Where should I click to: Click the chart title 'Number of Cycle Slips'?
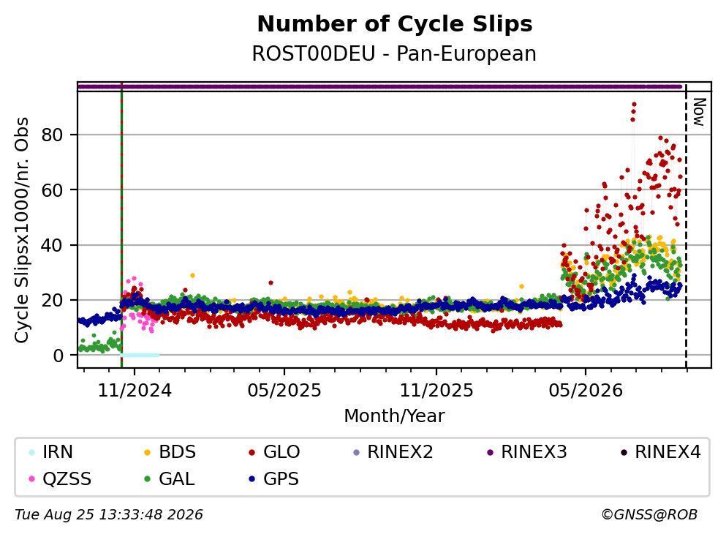(395, 24)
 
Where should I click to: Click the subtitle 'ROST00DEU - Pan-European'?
(394, 53)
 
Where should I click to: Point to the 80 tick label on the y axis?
(53, 135)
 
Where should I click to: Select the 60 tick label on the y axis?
(53, 190)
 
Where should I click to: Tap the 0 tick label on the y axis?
(58, 356)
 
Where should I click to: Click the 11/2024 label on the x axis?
(135, 391)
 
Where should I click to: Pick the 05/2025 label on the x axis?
(284, 391)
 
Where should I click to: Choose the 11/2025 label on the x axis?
(436, 391)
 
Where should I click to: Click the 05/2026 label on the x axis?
(586, 391)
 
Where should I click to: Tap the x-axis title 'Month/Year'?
(394, 416)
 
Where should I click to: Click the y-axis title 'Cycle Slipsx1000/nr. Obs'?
(22, 230)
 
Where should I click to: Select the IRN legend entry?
(51, 451)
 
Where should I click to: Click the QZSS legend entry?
(60, 478)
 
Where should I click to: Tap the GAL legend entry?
(170, 478)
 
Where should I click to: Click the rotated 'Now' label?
(699, 112)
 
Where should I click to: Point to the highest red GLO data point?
(634, 105)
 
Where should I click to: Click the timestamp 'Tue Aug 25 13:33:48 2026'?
(109, 515)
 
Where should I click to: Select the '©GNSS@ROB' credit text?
(649, 515)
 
